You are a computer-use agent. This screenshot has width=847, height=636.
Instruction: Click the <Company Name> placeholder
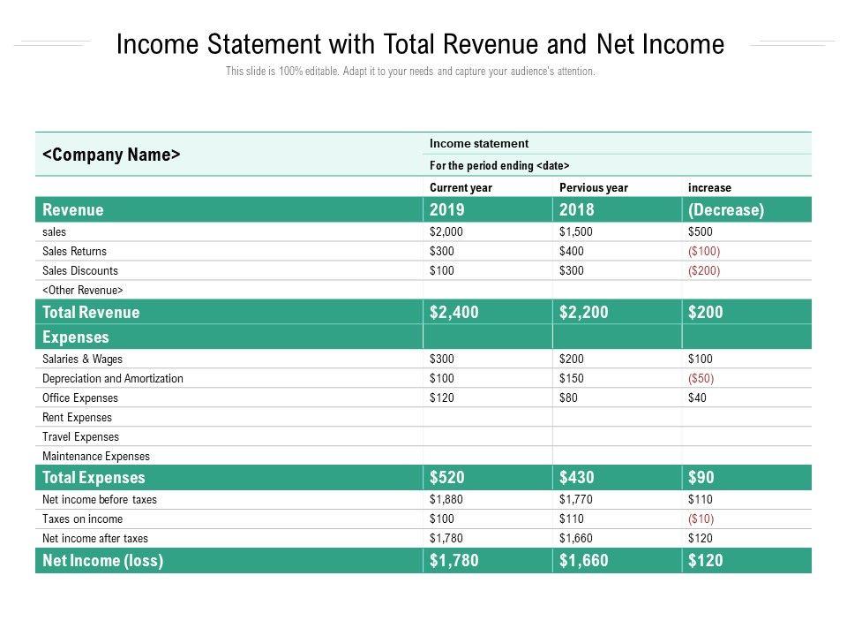pos(111,155)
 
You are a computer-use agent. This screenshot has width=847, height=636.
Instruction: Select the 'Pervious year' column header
pos(594,187)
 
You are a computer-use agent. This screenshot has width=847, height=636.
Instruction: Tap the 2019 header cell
pos(447,210)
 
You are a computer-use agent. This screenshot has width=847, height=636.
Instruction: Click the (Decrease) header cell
pos(726,210)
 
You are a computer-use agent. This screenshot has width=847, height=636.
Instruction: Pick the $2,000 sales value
pos(446,231)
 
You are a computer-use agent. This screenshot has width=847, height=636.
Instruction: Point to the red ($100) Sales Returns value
pos(704,251)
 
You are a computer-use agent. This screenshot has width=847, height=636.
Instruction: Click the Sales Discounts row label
pos(80,270)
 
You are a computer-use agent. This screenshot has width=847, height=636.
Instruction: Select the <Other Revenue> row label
pos(83,290)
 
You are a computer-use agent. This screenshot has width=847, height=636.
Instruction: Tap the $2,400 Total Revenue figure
pos(454,312)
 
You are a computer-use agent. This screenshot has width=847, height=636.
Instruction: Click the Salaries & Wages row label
pos(83,359)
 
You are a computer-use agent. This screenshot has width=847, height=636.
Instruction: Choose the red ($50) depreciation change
pos(701,378)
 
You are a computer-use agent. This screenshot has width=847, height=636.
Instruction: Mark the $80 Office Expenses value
pos(570,397)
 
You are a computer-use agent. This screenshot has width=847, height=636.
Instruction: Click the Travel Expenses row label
pos(80,436)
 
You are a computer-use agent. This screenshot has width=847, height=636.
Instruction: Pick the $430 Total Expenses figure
pos(577,478)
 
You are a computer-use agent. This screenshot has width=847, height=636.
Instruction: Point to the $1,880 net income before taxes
pos(446,499)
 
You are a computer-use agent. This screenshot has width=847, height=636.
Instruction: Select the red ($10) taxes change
pos(701,519)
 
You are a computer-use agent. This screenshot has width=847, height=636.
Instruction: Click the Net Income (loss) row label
pos(102,560)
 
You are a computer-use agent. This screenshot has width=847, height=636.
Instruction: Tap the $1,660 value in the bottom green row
pos(584,560)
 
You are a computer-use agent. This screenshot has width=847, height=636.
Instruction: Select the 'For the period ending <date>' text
pos(499,165)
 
